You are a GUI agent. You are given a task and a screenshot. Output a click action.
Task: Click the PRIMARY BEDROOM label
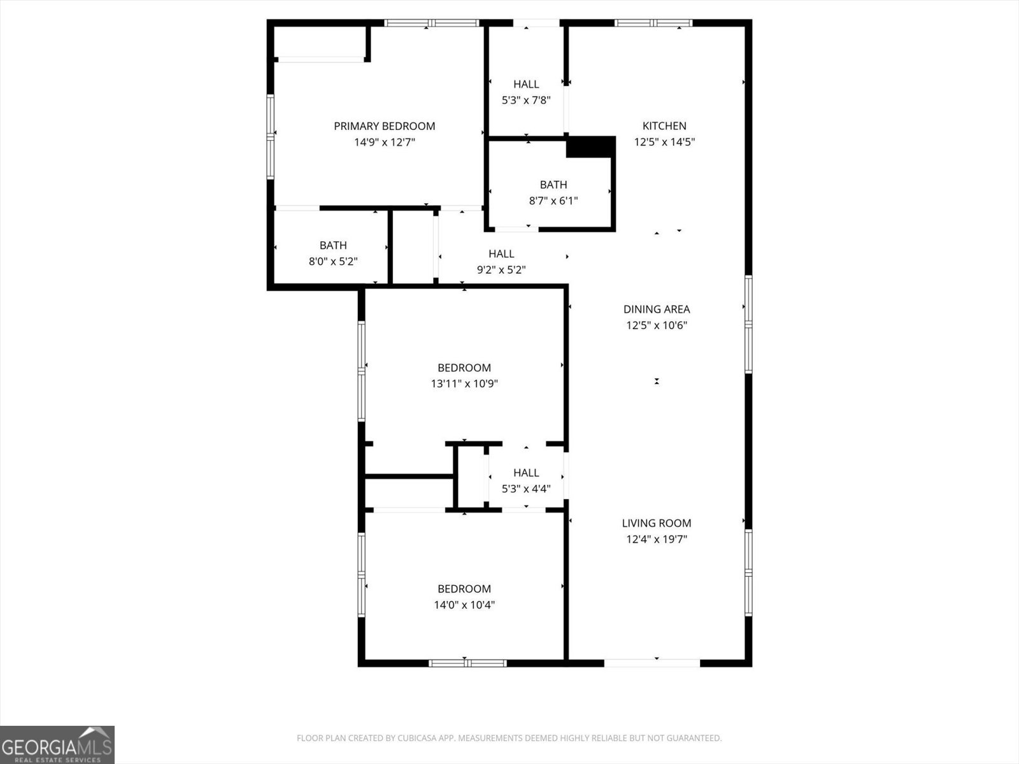click(x=384, y=126)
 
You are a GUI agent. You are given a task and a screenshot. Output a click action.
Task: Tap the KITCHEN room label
click(x=664, y=126)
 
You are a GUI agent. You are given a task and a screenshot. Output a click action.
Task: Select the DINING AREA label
click(x=656, y=309)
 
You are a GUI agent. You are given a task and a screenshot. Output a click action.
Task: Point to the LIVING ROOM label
click(x=656, y=523)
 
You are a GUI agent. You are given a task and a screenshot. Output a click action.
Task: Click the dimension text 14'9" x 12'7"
click(x=385, y=143)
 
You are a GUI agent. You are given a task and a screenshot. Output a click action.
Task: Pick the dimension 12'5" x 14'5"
click(x=664, y=143)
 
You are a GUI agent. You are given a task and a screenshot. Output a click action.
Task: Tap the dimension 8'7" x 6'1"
click(x=553, y=201)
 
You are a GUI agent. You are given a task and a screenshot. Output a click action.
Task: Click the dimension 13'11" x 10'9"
click(x=464, y=384)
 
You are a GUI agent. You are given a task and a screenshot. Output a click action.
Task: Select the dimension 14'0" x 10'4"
click(x=464, y=605)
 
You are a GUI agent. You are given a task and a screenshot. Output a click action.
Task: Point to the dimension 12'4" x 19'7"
click(x=656, y=540)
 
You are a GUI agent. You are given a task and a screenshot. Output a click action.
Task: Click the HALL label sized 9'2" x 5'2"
click(x=501, y=254)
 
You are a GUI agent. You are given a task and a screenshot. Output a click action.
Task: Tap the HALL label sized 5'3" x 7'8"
click(x=526, y=84)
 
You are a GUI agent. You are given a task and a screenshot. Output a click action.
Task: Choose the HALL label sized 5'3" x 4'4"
click(x=526, y=472)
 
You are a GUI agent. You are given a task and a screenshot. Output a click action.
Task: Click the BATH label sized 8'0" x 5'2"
click(x=333, y=245)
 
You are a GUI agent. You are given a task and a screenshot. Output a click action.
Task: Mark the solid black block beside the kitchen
click(x=590, y=147)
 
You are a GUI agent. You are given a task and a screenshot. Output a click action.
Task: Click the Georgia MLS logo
click(x=57, y=744)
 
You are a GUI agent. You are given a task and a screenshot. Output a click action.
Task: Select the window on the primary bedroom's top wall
click(x=431, y=24)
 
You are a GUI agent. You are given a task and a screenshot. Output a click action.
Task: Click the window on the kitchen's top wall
click(x=653, y=24)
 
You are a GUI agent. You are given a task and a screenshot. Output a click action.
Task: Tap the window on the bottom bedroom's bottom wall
click(x=467, y=663)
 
